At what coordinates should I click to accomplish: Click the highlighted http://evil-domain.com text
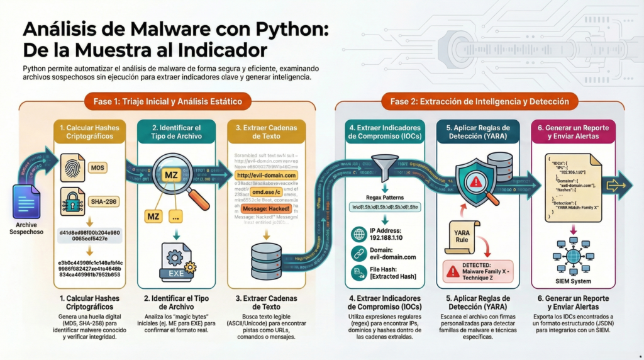265,176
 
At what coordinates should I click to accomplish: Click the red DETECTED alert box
477,271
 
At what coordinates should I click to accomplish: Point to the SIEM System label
572,281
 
